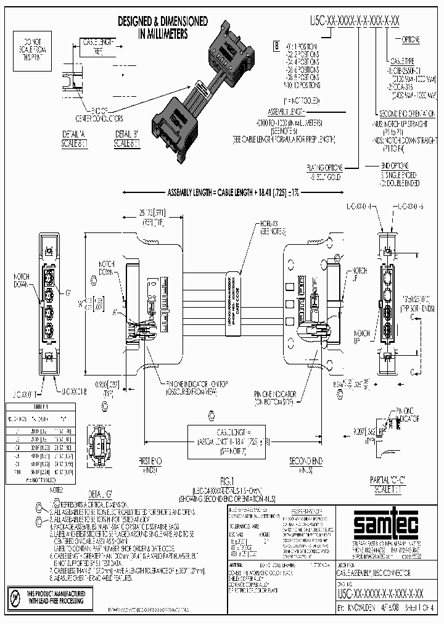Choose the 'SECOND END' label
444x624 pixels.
point(306,462)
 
